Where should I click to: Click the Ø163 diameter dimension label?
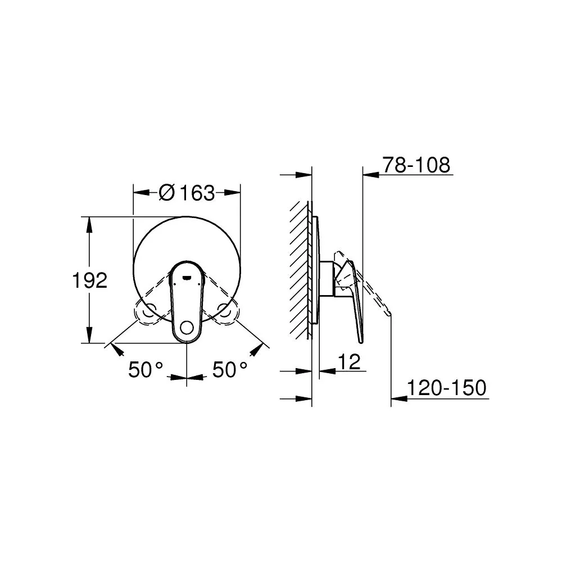pyautogui.click(x=187, y=193)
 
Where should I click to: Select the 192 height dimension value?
pyautogui.click(x=89, y=280)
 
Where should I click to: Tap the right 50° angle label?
pyautogui.click(x=230, y=369)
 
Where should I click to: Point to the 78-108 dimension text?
pyautogui.click(x=416, y=165)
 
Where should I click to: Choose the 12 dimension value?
pyautogui.click(x=350, y=362)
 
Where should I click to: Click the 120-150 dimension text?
pyautogui.click(x=447, y=388)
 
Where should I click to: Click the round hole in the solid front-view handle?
pyautogui.click(x=187, y=328)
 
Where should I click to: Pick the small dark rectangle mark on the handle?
pyautogui.click(x=187, y=277)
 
